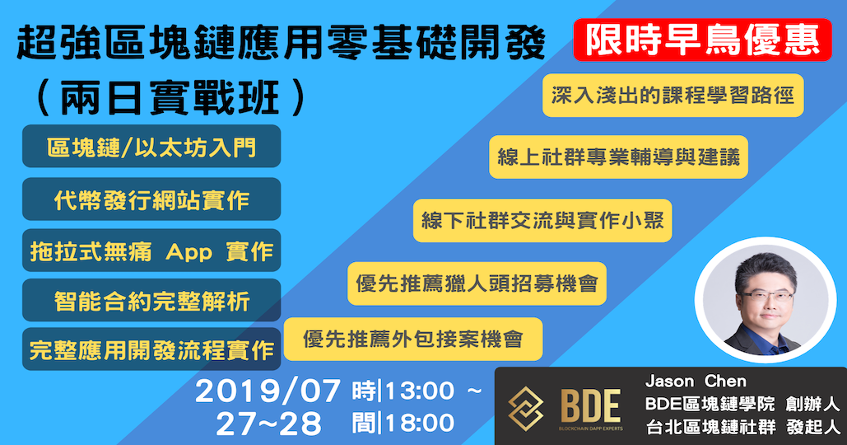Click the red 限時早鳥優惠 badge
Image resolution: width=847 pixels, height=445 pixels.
[x=702, y=40]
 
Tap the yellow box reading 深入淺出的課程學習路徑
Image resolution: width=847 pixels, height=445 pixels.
[x=673, y=96]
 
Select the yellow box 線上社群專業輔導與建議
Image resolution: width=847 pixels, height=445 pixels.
[x=618, y=157]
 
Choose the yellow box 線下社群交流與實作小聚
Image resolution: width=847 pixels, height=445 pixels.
[x=542, y=221]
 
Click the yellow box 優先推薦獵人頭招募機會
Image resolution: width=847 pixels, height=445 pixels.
[x=477, y=283]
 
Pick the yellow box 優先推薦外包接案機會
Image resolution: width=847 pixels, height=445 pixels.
[x=413, y=339]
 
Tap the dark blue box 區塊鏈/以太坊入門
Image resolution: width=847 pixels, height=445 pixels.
[x=151, y=147]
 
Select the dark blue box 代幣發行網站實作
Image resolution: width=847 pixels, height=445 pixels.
[x=151, y=199]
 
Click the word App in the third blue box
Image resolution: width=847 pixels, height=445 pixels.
[x=189, y=252]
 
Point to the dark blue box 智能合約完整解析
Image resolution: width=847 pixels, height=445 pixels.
[x=151, y=301]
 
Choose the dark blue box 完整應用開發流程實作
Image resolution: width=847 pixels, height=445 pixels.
[x=151, y=349]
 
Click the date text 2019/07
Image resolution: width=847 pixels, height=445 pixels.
[x=268, y=391]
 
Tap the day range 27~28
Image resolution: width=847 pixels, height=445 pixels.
[x=268, y=424]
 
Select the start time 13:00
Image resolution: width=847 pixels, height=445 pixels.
[x=419, y=391]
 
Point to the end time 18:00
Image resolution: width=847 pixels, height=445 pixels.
[x=419, y=423]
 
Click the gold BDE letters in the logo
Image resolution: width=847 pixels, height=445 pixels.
[x=590, y=406]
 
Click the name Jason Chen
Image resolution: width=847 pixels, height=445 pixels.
[x=696, y=382]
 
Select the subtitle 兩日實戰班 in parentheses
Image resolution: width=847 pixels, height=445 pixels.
[x=170, y=98]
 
